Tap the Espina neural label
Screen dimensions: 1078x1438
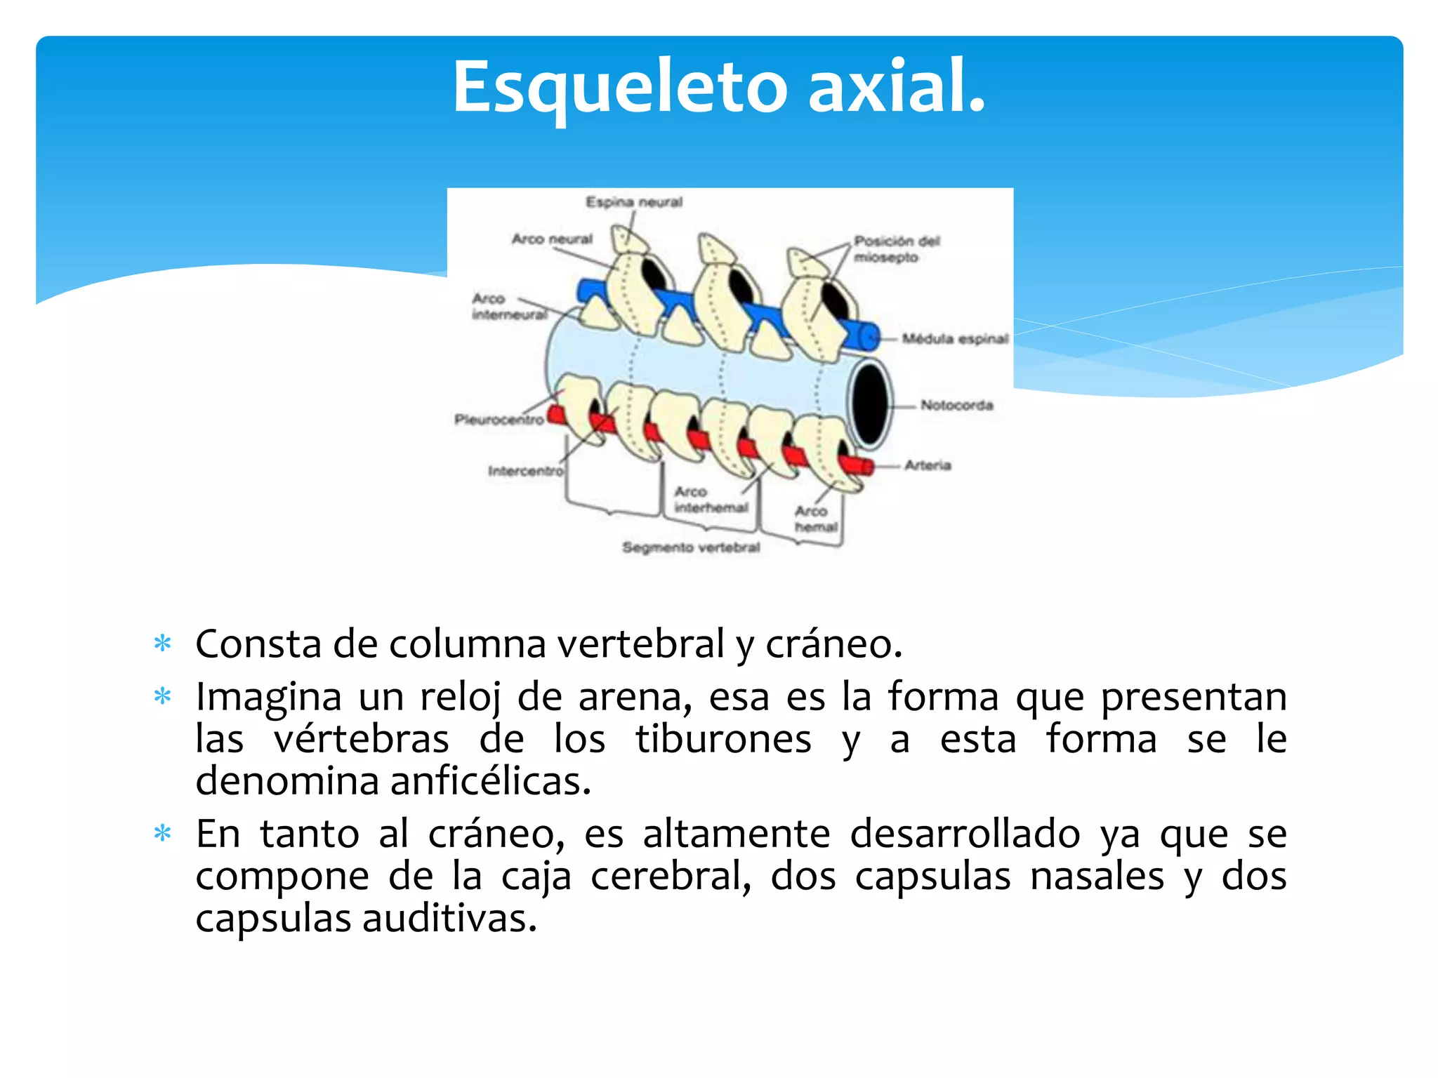pos(634,202)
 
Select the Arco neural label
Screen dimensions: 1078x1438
pos(552,239)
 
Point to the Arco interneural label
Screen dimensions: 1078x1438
pos(509,307)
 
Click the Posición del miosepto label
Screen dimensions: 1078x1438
pos(895,249)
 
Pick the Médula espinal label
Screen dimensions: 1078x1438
pos(955,339)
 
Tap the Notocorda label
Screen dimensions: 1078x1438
pos(956,405)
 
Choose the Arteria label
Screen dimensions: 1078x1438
pos(928,465)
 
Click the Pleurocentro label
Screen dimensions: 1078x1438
pos(499,420)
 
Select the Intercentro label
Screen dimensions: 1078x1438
pos(525,471)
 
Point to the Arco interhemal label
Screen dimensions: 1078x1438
pos(710,499)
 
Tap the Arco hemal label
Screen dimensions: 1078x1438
pos(815,519)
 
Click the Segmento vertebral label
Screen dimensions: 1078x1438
pos(691,547)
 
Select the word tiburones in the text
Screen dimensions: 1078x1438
pos(723,738)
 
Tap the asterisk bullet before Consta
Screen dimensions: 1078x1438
pos(163,644)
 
